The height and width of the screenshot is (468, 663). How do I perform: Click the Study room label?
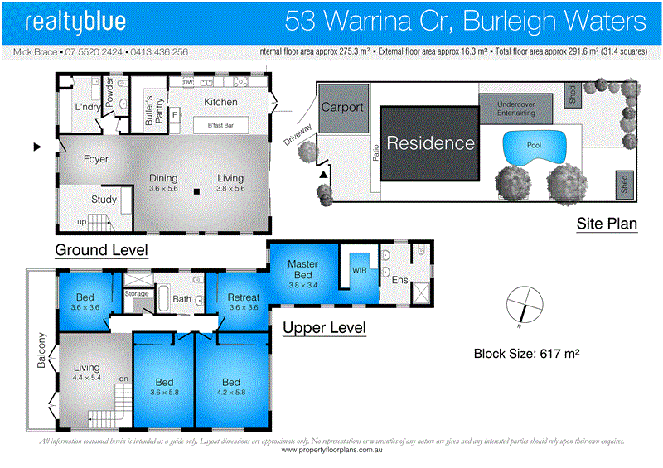[x=104, y=199]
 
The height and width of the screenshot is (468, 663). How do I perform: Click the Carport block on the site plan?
[x=342, y=108]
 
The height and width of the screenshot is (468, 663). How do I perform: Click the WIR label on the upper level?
[x=360, y=270]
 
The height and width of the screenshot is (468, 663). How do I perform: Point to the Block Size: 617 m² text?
[x=525, y=354]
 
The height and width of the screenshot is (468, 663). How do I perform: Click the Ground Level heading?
[x=101, y=249]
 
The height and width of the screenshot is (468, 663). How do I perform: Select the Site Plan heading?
[x=607, y=224]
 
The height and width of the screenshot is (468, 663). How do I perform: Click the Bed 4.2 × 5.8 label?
[x=231, y=387]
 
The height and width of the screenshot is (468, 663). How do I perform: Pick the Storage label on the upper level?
[x=136, y=293]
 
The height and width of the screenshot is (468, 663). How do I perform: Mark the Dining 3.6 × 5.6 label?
[x=163, y=183]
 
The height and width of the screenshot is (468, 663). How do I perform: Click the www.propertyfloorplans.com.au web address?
[x=331, y=451]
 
